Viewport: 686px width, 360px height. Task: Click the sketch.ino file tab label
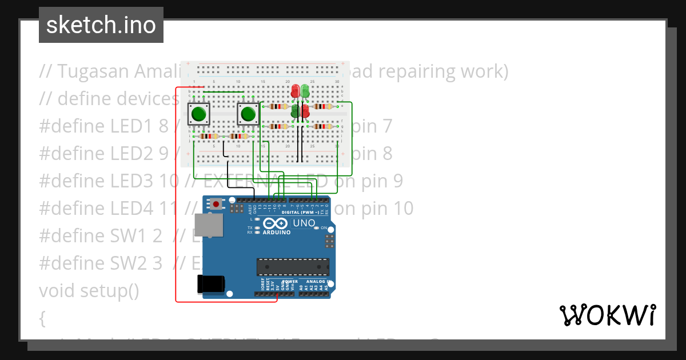101,25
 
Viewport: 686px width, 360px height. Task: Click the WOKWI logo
607,315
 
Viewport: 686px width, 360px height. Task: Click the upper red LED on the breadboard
295,91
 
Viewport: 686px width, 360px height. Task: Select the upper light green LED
305,91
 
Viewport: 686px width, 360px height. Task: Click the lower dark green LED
295,111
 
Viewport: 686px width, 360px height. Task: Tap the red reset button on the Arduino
216,203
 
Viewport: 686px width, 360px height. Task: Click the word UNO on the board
304,223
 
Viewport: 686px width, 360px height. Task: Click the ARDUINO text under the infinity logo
277,233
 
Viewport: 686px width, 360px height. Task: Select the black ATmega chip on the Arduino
293,267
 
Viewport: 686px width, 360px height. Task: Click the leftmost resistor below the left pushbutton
209,136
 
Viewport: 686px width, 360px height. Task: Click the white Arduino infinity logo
277,223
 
